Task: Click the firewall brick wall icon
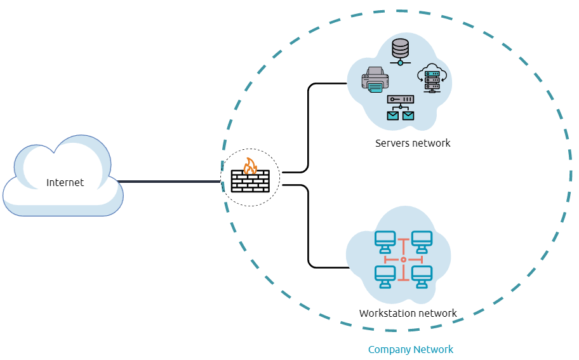250,182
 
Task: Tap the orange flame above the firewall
250,166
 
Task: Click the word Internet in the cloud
65,183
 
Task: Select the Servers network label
413,143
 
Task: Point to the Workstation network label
408,313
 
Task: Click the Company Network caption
411,349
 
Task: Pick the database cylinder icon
400,51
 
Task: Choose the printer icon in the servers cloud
375,81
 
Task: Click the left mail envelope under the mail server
393,116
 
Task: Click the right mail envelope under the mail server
408,116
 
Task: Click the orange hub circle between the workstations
403,260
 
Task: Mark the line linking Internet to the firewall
168,182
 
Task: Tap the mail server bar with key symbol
401,100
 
